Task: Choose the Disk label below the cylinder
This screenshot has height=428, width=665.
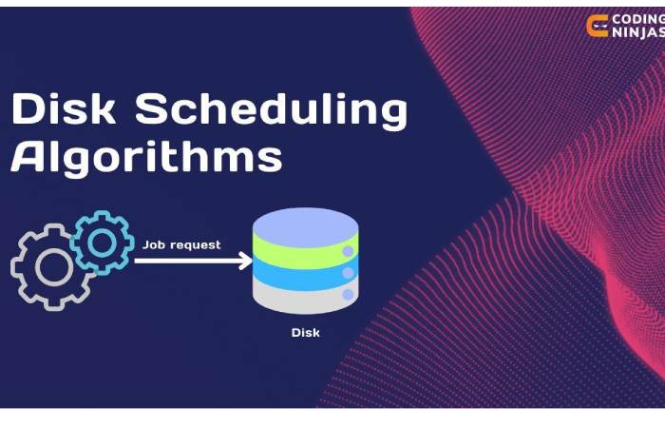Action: pyautogui.click(x=305, y=332)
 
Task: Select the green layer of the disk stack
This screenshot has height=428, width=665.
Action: pyautogui.click(x=299, y=252)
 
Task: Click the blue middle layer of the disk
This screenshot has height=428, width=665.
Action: pyautogui.click(x=299, y=274)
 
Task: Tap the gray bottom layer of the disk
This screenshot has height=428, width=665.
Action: pyautogui.click(x=299, y=297)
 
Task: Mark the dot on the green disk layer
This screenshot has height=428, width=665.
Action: pyautogui.click(x=347, y=252)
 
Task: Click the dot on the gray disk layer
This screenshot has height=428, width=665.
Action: pyautogui.click(x=347, y=296)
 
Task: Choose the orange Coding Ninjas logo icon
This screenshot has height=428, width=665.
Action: pyautogui.click(x=598, y=25)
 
